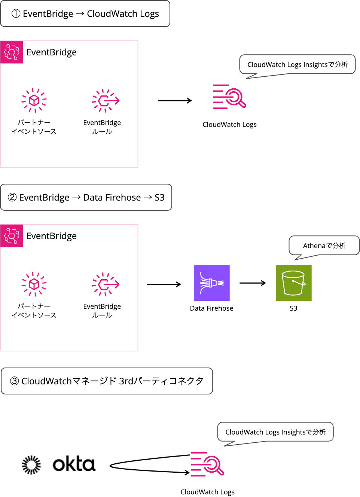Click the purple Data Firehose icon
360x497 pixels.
(211, 283)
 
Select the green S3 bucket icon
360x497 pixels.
(293, 283)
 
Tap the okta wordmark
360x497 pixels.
(74, 464)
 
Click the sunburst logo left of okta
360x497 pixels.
(31, 465)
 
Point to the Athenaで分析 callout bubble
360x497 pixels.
(324, 246)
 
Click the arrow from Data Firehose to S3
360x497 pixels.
(253, 283)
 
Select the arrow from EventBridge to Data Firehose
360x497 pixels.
(164, 284)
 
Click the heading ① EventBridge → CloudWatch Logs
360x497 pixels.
(85, 14)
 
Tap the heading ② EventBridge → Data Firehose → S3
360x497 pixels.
(86, 197)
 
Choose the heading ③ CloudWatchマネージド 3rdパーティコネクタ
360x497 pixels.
(107, 381)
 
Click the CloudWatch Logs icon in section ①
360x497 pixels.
(229, 97)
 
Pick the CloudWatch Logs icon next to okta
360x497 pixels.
(207, 464)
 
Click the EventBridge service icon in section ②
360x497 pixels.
(12, 236)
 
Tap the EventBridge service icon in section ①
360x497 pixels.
(12, 52)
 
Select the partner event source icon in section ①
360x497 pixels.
(34, 100)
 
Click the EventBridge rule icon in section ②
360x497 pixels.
(106, 284)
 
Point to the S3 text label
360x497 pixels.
(293, 308)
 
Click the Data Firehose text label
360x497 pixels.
(211, 308)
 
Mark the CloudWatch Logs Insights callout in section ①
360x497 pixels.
(297, 64)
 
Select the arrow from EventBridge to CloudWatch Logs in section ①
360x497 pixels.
(175, 100)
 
